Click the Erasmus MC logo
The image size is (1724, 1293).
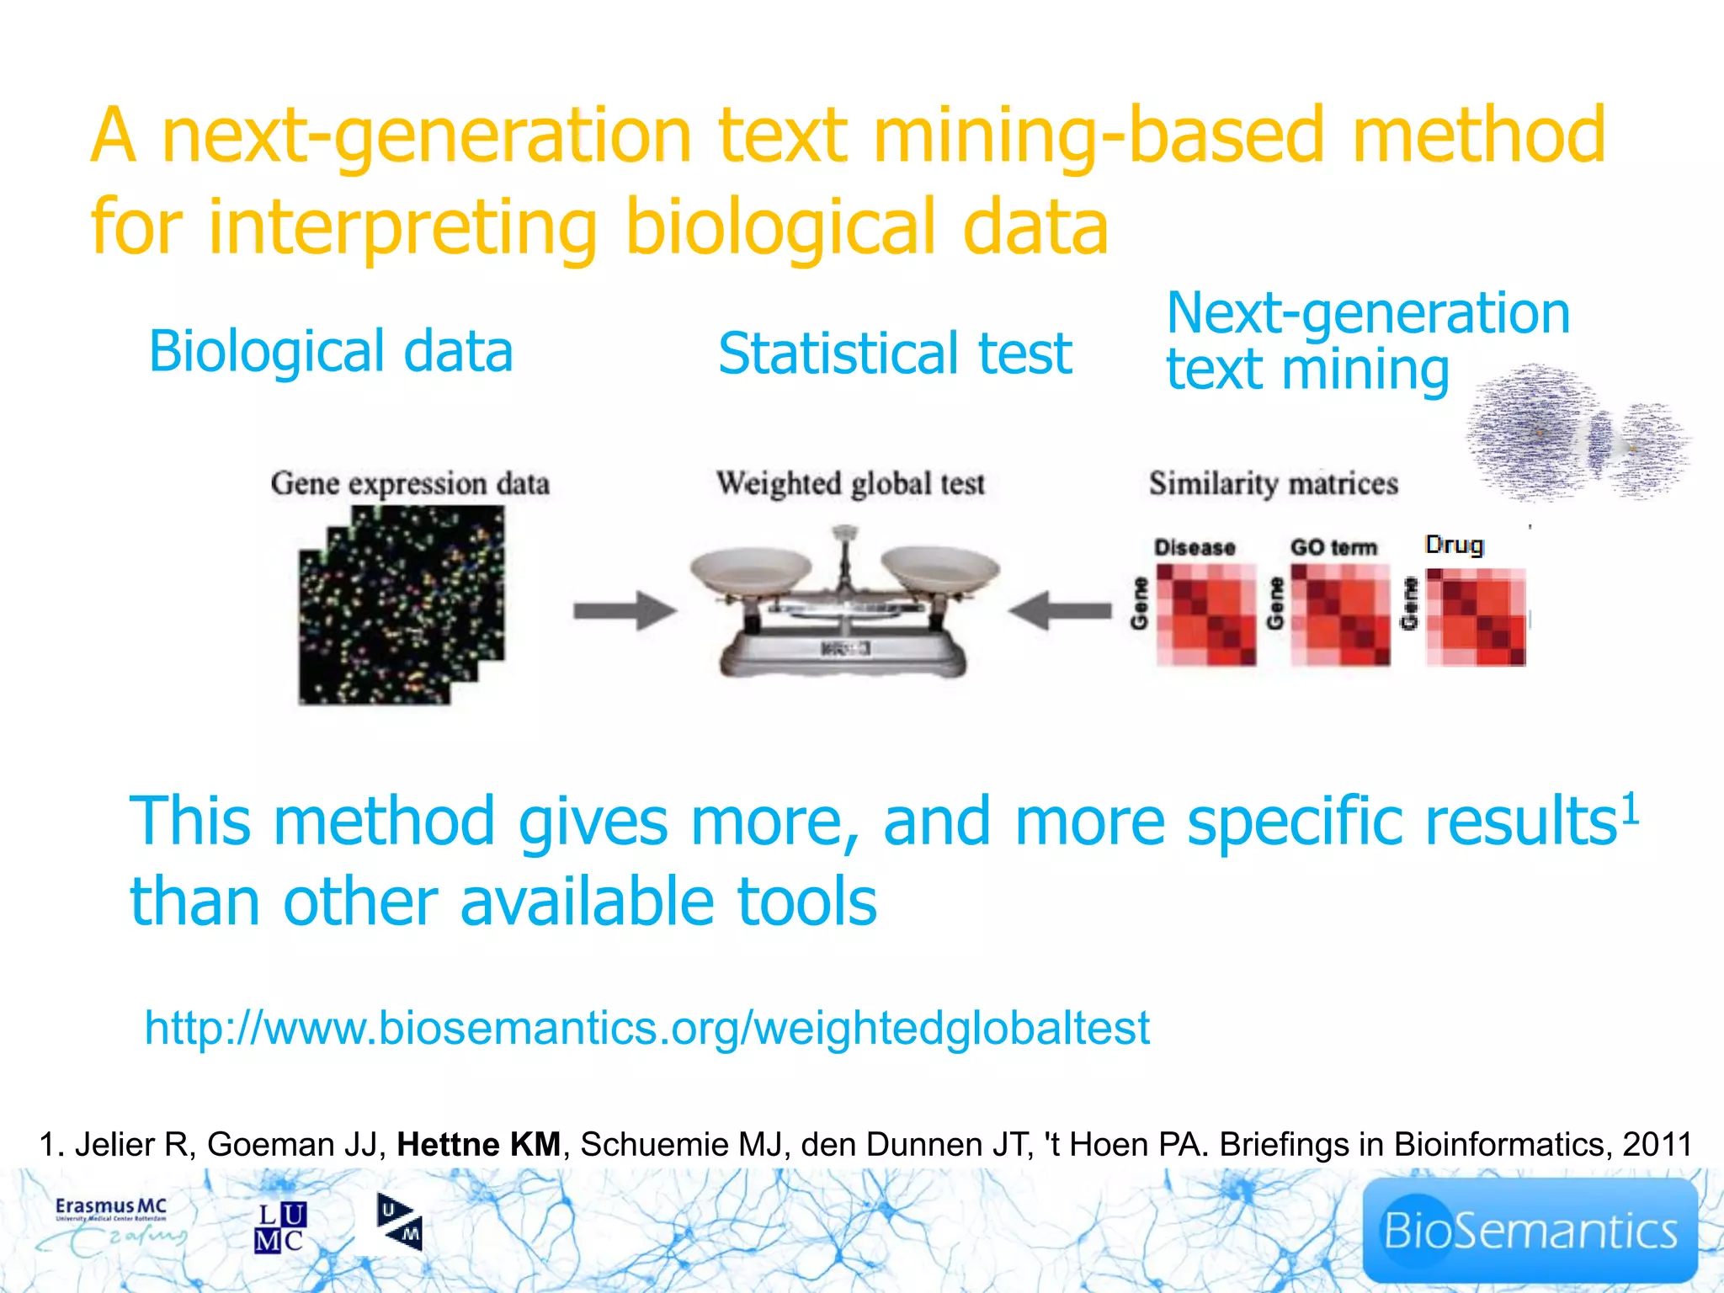coord(112,1225)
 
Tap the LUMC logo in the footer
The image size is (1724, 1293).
coord(280,1227)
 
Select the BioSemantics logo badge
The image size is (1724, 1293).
coord(1530,1230)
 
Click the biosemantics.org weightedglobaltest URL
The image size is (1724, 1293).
coord(646,1028)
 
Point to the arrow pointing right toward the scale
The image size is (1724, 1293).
coord(625,610)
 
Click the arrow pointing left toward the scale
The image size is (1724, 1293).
coord(1059,610)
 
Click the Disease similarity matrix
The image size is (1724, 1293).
coord(1205,615)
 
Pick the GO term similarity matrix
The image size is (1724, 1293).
coord(1340,615)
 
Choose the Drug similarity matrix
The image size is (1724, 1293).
coord(1476,617)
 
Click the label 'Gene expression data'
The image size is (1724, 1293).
coord(410,484)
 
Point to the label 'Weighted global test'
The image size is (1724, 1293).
coord(850,484)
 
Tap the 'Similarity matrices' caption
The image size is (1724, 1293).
coord(1273,484)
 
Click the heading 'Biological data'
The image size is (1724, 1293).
coord(331,351)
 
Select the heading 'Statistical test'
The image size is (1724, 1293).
coord(895,354)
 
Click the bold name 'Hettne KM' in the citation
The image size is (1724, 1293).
coord(478,1145)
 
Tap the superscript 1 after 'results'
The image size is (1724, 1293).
coord(1631,808)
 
